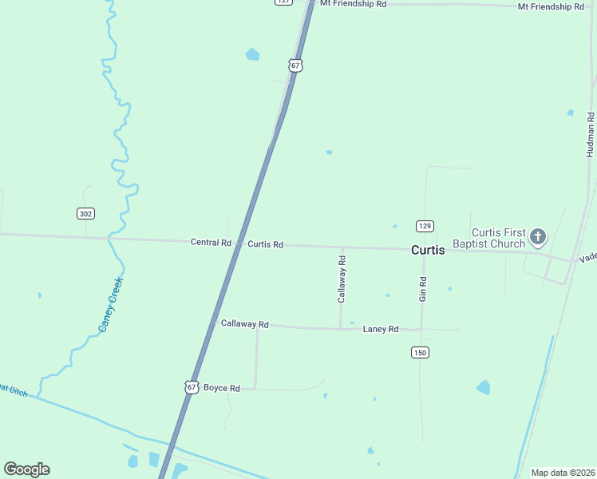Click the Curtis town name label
click(x=428, y=250)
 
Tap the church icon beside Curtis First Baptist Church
click(x=538, y=236)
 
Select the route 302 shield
click(x=85, y=213)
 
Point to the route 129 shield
click(x=425, y=226)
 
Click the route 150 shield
click(x=421, y=352)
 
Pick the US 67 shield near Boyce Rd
click(x=191, y=386)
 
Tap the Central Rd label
click(x=211, y=242)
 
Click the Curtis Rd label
click(x=265, y=244)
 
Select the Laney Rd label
click(x=380, y=329)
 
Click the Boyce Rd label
click(x=222, y=388)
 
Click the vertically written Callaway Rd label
click(x=342, y=279)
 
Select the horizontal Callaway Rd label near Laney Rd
click(x=245, y=324)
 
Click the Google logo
click(x=26, y=469)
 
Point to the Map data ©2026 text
click(x=563, y=473)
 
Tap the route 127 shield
click(x=283, y=2)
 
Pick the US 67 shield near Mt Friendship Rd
click(x=295, y=65)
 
